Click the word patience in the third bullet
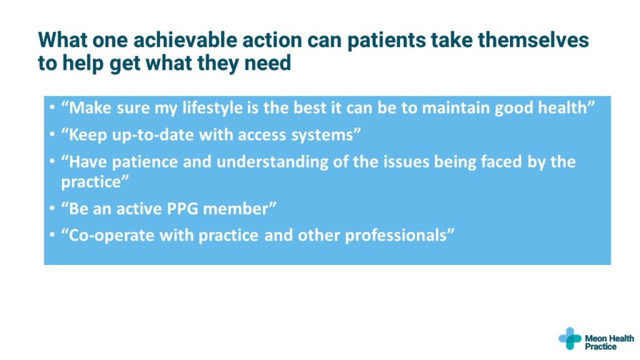(x=145, y=162)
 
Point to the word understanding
(x=272, y=162)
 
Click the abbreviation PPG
(x=182, y=209)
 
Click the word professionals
(x=396, y=236)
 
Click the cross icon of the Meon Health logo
(x=570, y=338)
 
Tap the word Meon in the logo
(x=596, y=338)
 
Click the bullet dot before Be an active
(x=52, y=209)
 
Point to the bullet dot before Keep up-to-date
(x=52, y=135)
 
